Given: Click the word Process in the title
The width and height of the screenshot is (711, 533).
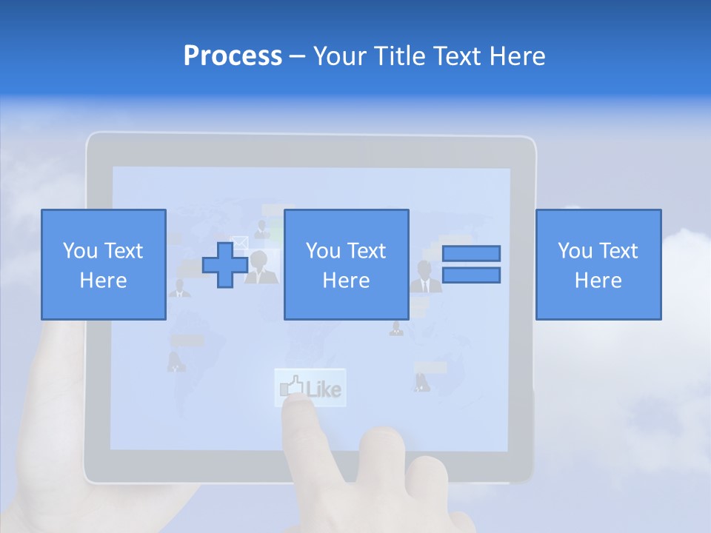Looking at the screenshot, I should tap(233, 56).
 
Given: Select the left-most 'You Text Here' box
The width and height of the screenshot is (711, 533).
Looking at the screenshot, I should tap(103, 265).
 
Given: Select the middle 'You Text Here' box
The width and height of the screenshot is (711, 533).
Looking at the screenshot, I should tap(346, 265).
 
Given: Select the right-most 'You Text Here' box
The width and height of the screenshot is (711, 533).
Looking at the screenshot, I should tap(598, 265).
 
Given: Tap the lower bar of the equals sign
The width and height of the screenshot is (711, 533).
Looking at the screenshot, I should tap(471, 275).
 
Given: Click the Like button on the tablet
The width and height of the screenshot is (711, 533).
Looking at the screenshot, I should tap(310, 387).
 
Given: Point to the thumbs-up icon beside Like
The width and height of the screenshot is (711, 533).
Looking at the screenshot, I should tap(290, 386).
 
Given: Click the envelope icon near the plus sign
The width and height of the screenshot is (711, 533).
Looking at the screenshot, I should tap(239, 242).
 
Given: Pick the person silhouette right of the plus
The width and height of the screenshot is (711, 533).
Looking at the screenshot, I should tap(260, 268).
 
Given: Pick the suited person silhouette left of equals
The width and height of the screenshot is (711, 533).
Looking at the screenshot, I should tap(425, 276).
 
